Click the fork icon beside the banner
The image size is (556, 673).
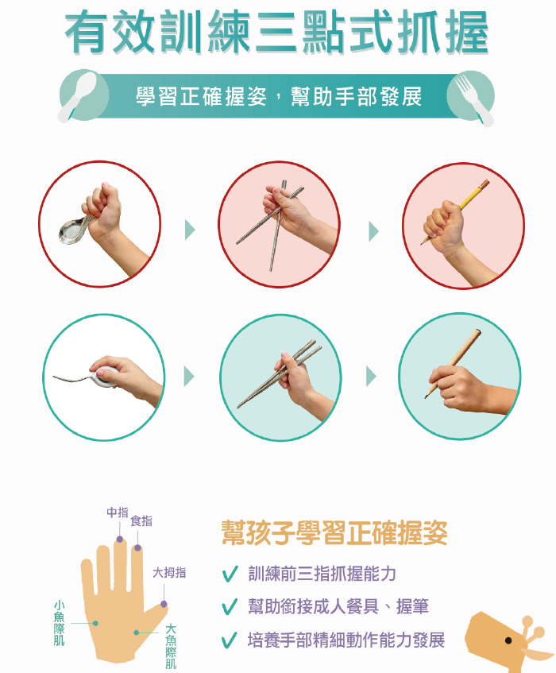[x=473, y=99]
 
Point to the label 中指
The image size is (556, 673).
[x=118, y=512]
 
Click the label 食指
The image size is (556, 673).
[x=141, y=521]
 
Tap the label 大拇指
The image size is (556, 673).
[x=169, y=573]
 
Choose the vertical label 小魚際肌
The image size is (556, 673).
[x=60, y=623]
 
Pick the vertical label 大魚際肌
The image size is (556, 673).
[x=171, y=647]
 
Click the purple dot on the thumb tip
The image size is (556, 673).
[x=164, y=604]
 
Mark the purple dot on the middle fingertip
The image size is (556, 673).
[x=120, y=539]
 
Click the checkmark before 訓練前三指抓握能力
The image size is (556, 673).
[x=230, y=574]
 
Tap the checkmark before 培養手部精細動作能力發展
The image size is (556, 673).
[x=230, y=640]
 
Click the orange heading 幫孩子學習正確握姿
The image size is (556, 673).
[x=334, y=532]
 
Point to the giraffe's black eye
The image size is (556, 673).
[x=508, y=640]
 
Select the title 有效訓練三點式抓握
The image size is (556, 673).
[x=276, y=33]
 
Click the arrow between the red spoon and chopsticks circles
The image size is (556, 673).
[x=190, y=230]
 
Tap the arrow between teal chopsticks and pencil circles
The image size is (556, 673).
[x=371, y=377]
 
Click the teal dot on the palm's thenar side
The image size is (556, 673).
[x=136, y=632]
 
